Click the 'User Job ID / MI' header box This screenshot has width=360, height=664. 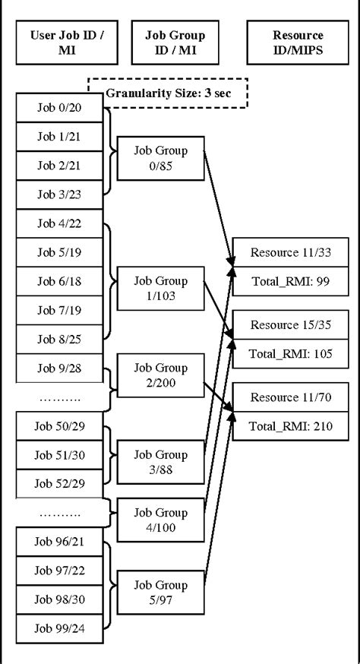coord(67,43)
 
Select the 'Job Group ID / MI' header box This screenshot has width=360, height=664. coord(175,43)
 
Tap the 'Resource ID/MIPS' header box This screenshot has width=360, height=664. coord(298,43)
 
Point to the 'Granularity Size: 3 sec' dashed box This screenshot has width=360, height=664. coord(168,93)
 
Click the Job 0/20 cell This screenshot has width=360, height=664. coord(59,108)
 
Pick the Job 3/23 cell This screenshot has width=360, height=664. coord(59,194)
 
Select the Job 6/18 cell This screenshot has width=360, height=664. coord(59,282)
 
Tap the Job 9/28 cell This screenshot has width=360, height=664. coord(59,368)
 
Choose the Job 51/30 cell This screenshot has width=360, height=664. coord(59,455)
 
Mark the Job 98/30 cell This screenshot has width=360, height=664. coord(59,599)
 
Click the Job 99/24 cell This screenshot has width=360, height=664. coord(59,629)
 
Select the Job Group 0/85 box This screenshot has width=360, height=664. coord(160,158)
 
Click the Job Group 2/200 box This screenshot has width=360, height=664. coord(160,375)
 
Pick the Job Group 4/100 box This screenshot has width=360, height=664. coord(160,520)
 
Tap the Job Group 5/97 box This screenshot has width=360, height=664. coord(160,593)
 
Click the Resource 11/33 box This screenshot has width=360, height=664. coord(291,252)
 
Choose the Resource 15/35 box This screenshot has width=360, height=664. coord(291,325)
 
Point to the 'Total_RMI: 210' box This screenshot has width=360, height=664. coord(291,426)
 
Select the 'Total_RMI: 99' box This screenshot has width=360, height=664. coord(291,282)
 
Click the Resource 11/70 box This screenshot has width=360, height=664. coord(291,397)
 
